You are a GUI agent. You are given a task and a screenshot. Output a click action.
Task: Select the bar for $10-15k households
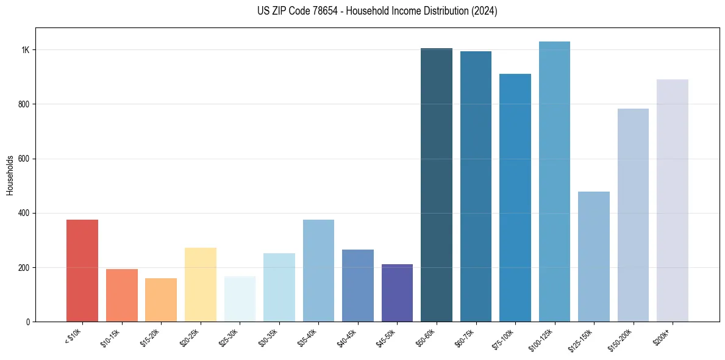[121, 295]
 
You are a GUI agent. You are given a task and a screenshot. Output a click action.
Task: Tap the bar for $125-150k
[594, 256]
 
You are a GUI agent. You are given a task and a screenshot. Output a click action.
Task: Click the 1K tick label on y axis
[25, 50]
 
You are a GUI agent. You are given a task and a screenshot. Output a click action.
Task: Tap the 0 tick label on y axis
[27, 322]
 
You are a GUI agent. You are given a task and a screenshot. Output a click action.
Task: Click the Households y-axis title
[10, 175]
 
